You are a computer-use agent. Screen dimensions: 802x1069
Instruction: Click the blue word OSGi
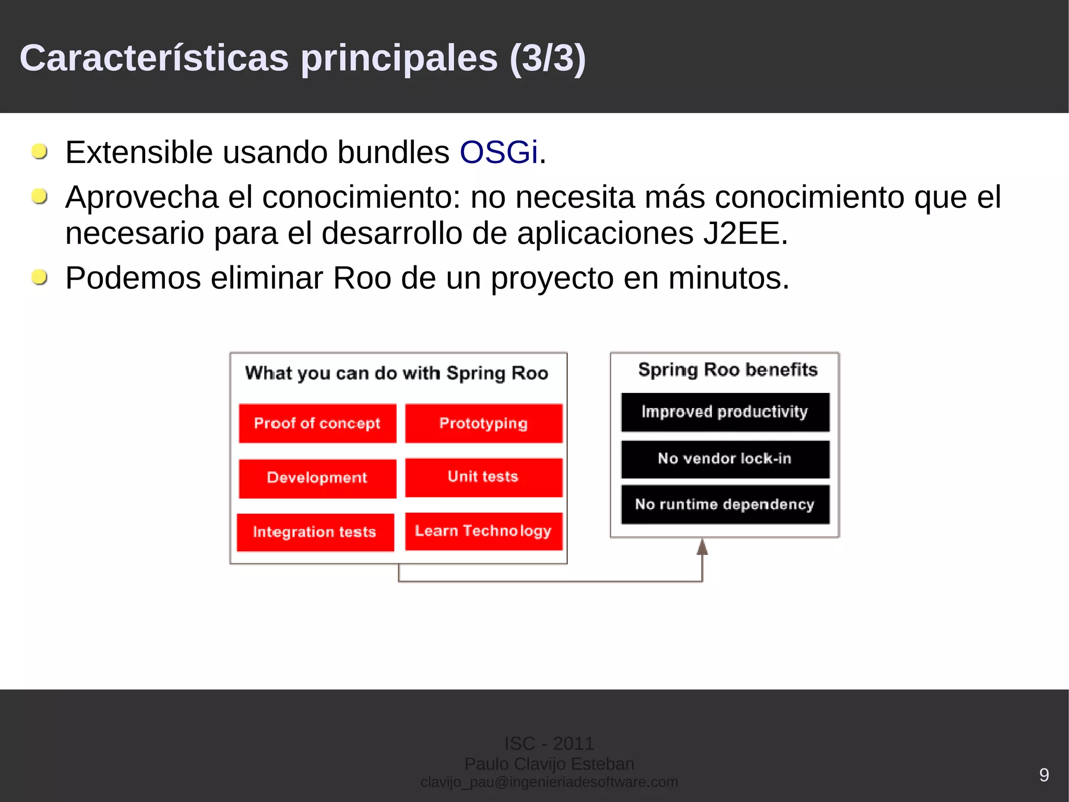pyautogui.click(x=498, y=153)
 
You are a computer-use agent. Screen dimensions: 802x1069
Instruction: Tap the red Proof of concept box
pyautogui.click(x=317, y=423)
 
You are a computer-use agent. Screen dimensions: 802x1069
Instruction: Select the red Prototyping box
pyautogui.click(x=483, y=423)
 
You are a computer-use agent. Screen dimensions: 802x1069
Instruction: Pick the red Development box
pyautogui.click(x=317, y=478)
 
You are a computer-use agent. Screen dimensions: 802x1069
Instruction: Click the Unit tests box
pyautogui.click(x=483, y=477)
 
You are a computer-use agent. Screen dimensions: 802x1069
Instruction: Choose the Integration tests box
pyautogui.click(x=315, y=532)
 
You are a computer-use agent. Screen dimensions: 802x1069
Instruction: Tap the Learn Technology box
pyautogui.click(x=483, y=531)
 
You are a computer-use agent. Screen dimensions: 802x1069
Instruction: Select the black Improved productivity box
pyautogui.click(x=724, y=412)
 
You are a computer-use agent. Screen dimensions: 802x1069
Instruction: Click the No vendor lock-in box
pyautogui.click(x=724, y=459)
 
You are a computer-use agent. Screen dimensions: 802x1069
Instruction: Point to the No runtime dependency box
pyautogui.click(x=724, y=504)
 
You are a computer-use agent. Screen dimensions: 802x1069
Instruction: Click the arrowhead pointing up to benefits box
pyautogui.click(x=702, y=547)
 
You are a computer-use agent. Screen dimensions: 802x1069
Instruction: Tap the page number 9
pyautogui.click(x=1044, y=774)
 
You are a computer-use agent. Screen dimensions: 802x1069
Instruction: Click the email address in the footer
pyautogui.click(x=549, y=782)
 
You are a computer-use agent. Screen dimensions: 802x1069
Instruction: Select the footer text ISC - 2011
pyautogui.click(x=549, y=743)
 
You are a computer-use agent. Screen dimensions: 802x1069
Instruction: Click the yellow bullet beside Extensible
pyautogui.click(x=40, y=152)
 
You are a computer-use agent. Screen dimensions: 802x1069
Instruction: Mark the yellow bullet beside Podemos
pyautogui.click(x=40, y=277)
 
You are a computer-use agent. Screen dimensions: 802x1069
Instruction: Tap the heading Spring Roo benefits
pyautogui.click(x=728, y=370)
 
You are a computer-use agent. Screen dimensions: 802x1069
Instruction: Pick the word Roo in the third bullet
pyautogui.click(x=362, y=278)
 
